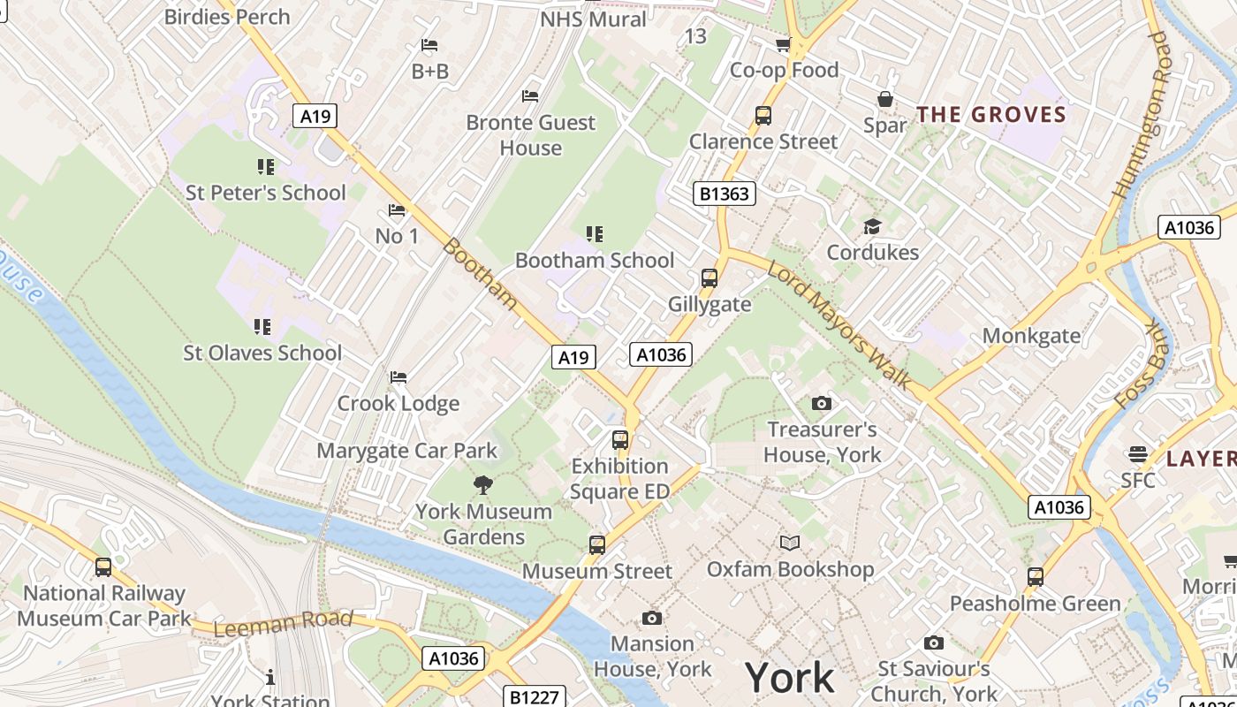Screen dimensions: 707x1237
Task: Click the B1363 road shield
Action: (724, 194)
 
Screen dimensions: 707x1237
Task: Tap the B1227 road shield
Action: (535, 696)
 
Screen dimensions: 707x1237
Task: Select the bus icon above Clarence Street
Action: (763, 115)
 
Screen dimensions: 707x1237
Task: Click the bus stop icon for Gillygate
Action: (709, 278)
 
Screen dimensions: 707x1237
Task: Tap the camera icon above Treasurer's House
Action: (822, 404)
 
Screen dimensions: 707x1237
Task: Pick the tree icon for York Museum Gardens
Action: (482, 484)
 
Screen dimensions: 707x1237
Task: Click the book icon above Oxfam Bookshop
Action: (790, 543)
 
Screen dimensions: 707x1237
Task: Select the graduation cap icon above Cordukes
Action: (872, 226)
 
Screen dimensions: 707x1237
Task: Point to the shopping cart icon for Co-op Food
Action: (783, 44)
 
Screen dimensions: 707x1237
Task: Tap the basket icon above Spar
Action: (884, 99)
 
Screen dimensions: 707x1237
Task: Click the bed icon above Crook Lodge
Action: (398, 377)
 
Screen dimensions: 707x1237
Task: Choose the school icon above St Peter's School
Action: (265, 166)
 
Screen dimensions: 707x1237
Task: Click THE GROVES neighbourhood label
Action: (991, 115)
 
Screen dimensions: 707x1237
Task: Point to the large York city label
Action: (789, 678)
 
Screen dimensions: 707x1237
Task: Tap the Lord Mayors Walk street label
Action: (839, 324)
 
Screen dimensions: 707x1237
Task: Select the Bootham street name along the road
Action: (480, 273)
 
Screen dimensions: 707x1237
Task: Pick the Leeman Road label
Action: (283, 623)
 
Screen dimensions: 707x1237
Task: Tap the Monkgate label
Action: (1031, 336)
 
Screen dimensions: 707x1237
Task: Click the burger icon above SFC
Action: (1138, 454)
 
